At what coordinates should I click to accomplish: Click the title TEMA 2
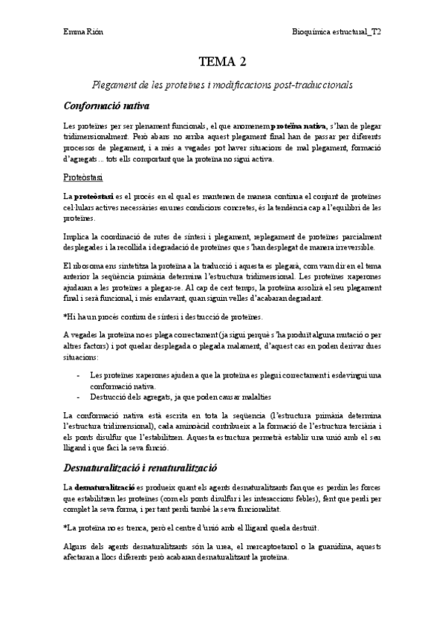222,62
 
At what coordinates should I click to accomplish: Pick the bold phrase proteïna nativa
299,126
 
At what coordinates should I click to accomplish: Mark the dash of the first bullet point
79,375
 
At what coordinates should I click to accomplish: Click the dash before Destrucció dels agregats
79,397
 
